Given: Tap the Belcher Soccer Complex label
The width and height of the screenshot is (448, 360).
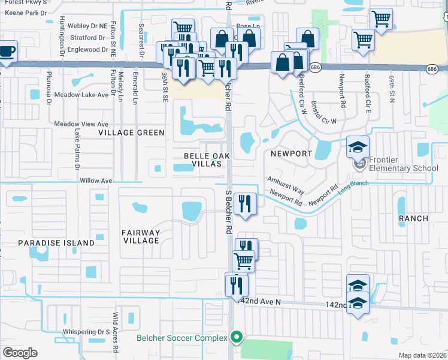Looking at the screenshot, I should (x=181, y=338).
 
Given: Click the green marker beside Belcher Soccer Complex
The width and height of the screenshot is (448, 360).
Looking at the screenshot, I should (x=237, y=338).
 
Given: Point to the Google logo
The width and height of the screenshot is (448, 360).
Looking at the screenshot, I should (x=20, y=353).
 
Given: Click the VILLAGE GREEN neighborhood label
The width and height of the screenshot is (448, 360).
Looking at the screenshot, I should (x=131, y=133).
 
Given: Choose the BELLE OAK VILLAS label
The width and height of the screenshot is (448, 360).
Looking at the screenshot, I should (x=198, y=160).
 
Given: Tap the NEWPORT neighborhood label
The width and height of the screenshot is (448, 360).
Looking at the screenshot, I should (x=292, y=154).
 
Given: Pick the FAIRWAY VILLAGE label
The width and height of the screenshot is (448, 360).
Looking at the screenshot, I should (x=141, y=236).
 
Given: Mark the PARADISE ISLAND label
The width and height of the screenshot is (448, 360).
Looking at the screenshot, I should (x=56, y=243).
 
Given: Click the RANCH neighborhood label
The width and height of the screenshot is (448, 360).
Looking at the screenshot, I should (x=413, y=218).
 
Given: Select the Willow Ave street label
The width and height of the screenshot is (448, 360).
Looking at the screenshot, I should (x=96, y=180).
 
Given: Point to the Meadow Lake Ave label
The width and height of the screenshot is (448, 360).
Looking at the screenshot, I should (x=81, y=95).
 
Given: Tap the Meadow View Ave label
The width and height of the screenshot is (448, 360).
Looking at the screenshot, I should (x=81, y=124).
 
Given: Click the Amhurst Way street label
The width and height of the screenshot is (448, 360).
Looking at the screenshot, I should (x=286, y=185).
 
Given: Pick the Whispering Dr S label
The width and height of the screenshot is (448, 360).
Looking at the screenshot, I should (x=87, y=332).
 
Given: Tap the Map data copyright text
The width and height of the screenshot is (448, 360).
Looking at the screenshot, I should (x=423, y=355).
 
